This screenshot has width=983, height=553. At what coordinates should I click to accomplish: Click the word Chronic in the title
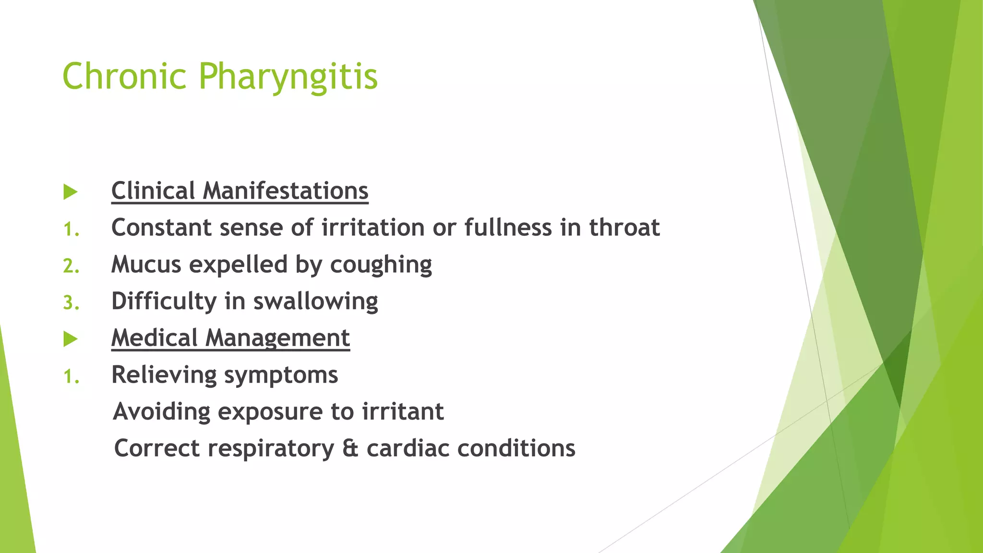[124, 76]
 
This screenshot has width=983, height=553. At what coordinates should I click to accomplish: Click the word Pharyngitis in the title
[288, 77]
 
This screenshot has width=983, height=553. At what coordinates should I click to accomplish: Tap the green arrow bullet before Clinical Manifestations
[70, 192]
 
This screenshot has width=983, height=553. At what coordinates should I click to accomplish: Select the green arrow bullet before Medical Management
[70, 339]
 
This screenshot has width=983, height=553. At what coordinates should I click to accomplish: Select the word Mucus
[146, 264]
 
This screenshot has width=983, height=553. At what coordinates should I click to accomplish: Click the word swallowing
[315, 302]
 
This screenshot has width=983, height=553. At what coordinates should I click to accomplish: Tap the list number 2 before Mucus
[70, 266]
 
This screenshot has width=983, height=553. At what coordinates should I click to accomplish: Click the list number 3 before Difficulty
[70, 303]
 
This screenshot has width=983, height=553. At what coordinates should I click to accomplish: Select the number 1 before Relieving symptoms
[70, 376]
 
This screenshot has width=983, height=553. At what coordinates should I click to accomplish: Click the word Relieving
[164, 375]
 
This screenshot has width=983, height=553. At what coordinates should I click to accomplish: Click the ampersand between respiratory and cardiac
[350, 448]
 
